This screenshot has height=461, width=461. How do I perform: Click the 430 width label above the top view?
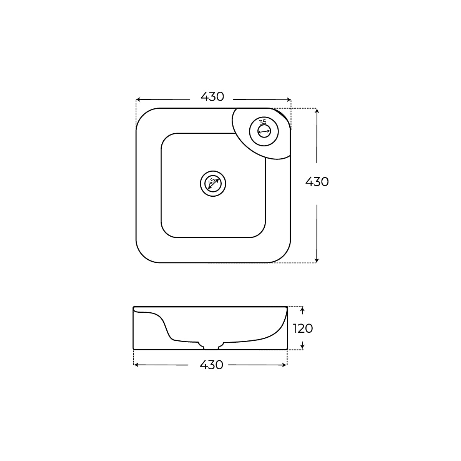[x=212, y=97]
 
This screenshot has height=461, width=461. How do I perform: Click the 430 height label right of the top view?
[x=317, y=182]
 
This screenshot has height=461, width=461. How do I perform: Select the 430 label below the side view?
[x=211, y=365]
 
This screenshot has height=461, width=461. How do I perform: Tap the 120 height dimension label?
[x=303, y=328]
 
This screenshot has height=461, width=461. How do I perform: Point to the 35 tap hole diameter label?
[x=263, y=122]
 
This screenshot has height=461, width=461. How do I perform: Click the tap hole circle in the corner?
[x=264, y=131]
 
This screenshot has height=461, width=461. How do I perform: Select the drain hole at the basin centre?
[x=213, y=184]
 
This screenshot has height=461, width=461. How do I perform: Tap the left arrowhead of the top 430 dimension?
[x=138, y=99]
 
